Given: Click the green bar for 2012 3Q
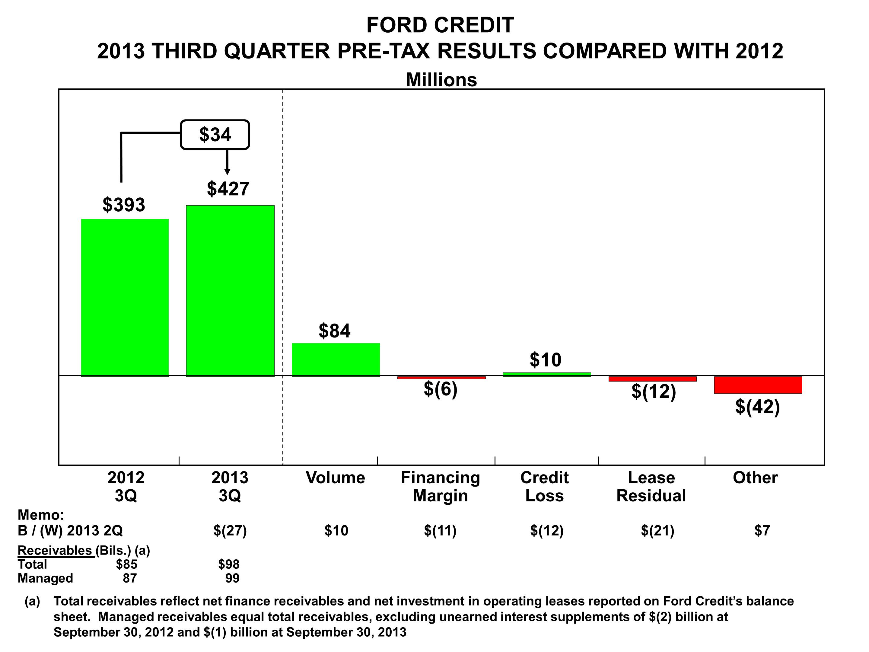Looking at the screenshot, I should (x=125, y=298).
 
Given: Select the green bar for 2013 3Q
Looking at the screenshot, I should (x=230, y=291).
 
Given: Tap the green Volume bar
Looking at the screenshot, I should (x=336, y=360).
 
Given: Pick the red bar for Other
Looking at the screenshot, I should (x=758, y=385).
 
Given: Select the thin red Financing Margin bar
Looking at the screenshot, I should (x=441, y=378).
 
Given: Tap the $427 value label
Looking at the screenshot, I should (x=228, y=189).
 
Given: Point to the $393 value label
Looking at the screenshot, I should (x=124, y=205).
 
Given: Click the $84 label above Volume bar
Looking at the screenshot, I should (x=334, y=331).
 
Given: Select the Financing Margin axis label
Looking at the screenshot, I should (x=441, y=487).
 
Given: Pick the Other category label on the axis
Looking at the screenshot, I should (x=755, y=478).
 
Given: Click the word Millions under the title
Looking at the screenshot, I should (x=441, y=80).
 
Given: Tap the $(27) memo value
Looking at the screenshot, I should (x=230, y=531).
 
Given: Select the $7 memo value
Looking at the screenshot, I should (x=762, y=531).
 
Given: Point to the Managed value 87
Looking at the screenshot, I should (x=130, y=578).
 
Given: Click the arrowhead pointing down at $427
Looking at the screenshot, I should (x=227, y=172).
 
